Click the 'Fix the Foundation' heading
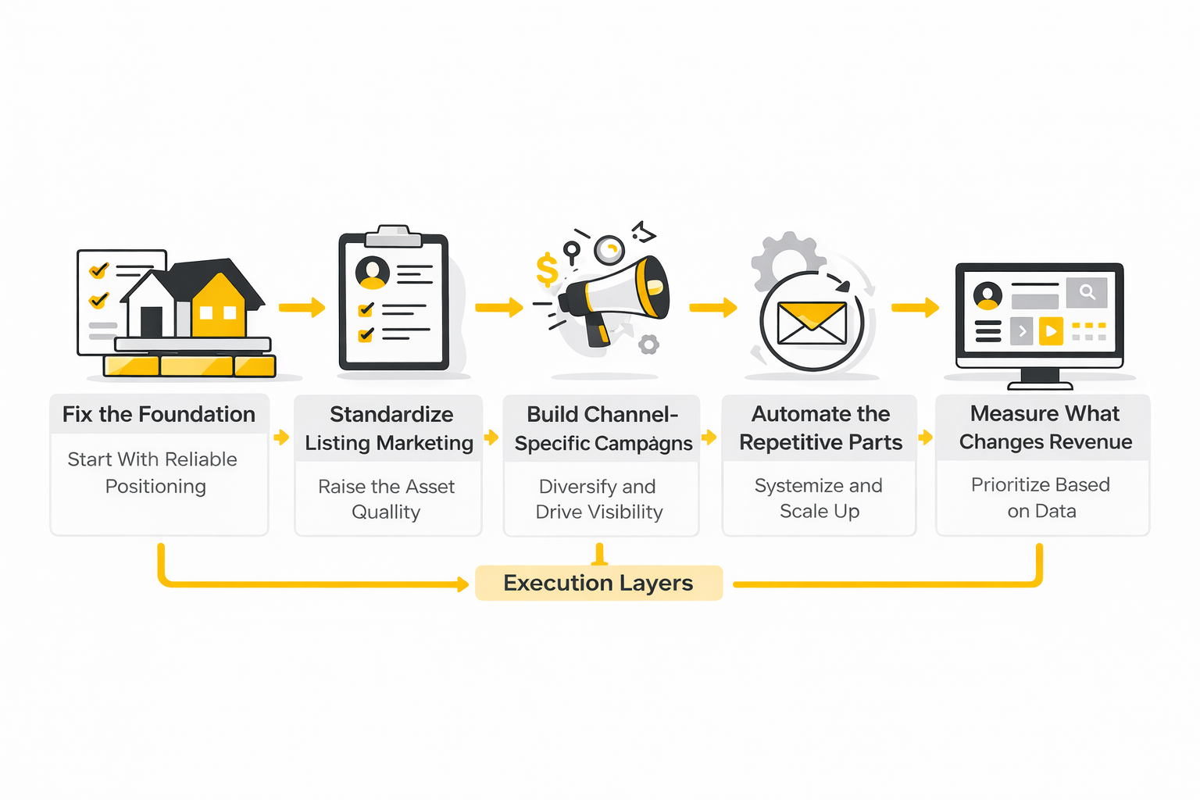159,414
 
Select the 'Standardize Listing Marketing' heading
389,428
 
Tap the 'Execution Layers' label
598,583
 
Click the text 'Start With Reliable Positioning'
153,473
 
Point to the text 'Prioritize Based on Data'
1041,498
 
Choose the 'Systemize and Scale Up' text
819,498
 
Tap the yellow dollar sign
547,270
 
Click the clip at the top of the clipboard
393,234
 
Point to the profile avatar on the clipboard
372,272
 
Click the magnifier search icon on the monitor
1087,291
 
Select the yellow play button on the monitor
1051,331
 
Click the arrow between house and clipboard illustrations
302,307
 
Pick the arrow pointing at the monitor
916,307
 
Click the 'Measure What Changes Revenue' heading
1045,427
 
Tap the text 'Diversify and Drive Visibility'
599,499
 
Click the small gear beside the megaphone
648,344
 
